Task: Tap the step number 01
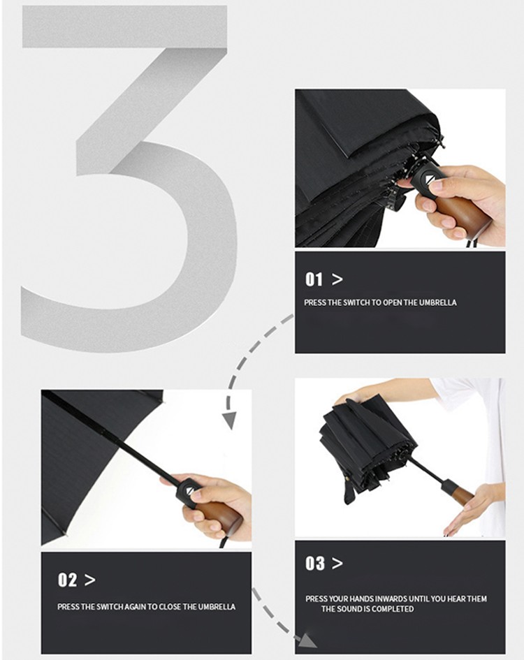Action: [314, 279]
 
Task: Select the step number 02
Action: [67, 580]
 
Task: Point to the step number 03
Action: [315, 563]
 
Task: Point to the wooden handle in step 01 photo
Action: [465, 214]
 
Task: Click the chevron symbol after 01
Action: [337, 279]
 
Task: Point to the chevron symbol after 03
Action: [337, 563]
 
